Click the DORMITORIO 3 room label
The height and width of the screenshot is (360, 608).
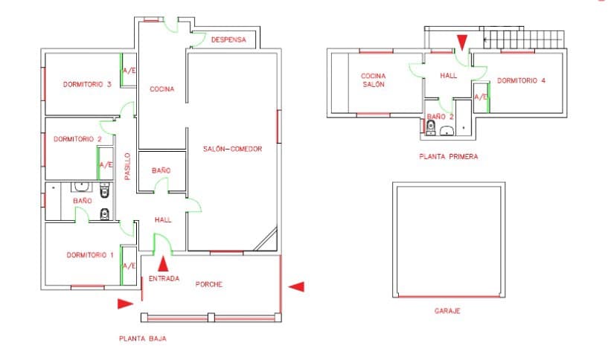click(87, 84)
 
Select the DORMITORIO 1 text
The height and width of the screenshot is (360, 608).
click(89, 255)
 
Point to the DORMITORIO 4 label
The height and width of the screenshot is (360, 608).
click(522, 80)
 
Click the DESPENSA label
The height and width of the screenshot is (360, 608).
click(228, 40)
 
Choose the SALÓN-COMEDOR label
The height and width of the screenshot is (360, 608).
click(232, 150)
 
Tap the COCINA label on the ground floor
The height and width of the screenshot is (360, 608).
click(161, 89)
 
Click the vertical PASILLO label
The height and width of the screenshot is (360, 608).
click(128, 167)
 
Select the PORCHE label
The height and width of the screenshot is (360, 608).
click(209, 284)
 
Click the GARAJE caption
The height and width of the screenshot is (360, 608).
click(447, 311)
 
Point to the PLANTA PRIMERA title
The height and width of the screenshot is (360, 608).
click(448, 157)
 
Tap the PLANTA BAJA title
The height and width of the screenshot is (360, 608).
click(142, 338)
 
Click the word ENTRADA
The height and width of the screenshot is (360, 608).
click(164, 278)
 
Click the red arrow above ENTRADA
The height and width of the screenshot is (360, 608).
click(163, 263)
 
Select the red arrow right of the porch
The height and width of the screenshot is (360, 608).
click(296, 286)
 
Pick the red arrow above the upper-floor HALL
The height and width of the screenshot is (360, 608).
click(462, 42)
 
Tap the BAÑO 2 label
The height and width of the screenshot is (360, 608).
click(441, 117)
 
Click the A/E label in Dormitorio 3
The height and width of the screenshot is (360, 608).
click(129, 71)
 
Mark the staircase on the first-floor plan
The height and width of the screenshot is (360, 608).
click(524, 37)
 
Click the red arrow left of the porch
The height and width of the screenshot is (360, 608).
click(125, 303)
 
